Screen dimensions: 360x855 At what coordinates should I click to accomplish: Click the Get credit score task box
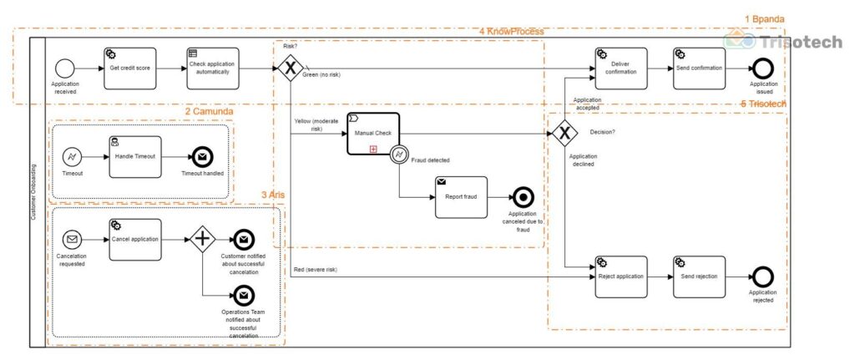coord(129,68)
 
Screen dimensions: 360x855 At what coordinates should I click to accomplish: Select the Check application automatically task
coord(212,68)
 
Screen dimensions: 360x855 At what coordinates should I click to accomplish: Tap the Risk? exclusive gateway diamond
coord(289,68)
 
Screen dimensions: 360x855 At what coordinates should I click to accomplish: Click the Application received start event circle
coord(65,68)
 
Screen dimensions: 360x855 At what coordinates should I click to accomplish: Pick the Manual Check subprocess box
coord(373,134)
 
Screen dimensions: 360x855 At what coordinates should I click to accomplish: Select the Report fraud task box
coord(460,197)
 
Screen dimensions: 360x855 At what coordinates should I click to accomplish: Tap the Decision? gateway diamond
coord(565,132)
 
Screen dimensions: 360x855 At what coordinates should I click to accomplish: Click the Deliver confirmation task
coord(620,68)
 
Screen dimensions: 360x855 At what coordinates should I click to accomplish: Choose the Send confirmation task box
coord(699,68)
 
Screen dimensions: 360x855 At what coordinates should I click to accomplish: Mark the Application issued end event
coord(762,68)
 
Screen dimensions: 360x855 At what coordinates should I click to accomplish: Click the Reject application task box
coord(620,276)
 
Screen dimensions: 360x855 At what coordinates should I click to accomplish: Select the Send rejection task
coord(699,276)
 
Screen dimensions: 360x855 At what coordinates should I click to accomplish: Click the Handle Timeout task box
coord(134,156)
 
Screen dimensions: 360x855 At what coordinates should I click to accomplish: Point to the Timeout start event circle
coord(73,157)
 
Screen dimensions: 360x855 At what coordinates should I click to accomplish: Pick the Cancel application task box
coord(134,240)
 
